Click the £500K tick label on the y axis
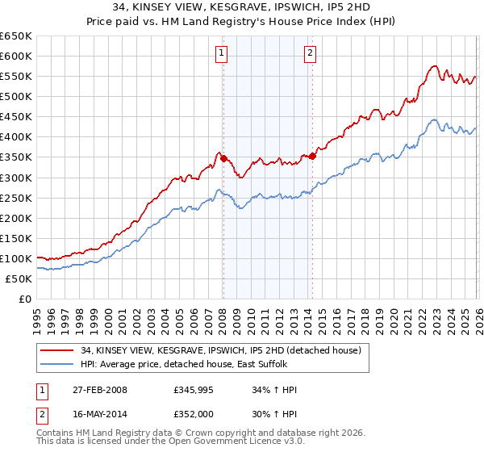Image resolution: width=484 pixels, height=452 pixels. tap(16, 96)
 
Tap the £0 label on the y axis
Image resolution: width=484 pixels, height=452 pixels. tap(24, 299)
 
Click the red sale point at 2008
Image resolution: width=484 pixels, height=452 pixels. tap(223, 158)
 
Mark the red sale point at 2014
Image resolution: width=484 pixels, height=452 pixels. tap(312, 156)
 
